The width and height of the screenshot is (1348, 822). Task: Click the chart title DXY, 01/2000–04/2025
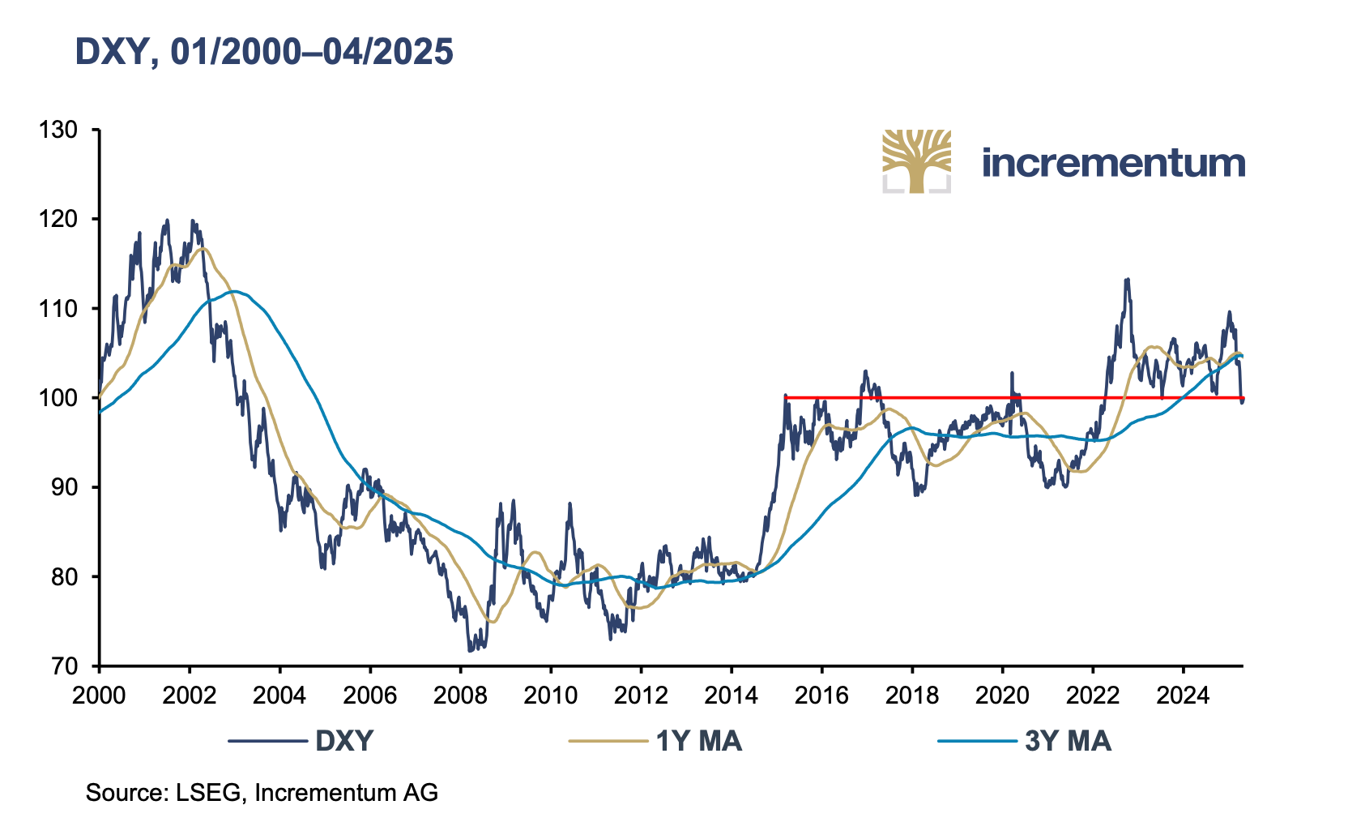[264, 52]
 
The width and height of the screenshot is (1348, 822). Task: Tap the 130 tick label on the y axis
[58, 130]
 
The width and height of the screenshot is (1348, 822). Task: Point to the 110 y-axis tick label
[58, 309]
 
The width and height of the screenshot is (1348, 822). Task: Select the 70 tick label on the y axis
[64, 666]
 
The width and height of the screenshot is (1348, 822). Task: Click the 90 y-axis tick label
[64, 487]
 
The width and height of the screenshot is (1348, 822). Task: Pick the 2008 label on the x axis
[460, 696]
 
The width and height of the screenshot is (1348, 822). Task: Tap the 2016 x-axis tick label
[821, 696]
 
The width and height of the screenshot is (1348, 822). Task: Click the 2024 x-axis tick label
[1183, 696]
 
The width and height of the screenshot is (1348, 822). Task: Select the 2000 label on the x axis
[99, 696]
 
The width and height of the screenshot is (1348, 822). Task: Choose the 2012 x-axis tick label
[641, 696]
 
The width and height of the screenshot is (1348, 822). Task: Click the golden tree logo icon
[916, 161]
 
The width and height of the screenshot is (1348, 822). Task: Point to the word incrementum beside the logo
[1113, 163]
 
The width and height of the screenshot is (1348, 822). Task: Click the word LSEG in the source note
[208, 793]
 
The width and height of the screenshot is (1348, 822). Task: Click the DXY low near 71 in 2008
[470, 651]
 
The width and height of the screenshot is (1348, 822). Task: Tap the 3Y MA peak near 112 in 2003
[233, 291]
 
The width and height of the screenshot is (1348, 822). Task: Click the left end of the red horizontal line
[786, 397]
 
